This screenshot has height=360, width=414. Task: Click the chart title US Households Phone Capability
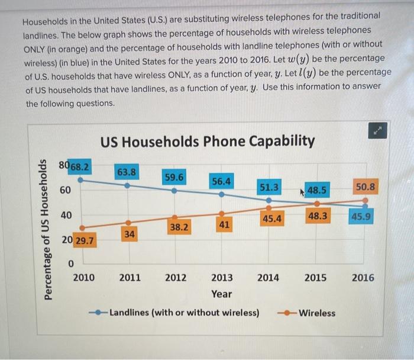(x=207, y=142)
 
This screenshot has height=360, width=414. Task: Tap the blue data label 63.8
(x=127, y=172)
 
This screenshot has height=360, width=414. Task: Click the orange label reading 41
(x=222, y=225)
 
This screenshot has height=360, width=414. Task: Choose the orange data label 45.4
(x=271, y=218)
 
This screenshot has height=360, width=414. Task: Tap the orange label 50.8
(x=364, y=187)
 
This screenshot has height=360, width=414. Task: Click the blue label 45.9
(x=361, y=216)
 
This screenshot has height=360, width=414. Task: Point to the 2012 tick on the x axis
(x=176, y=277)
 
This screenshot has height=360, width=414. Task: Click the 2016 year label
(x=363, y=277)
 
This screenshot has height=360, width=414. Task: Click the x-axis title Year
(x=222, y=294)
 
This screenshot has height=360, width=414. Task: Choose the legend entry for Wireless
(x=310, y=313)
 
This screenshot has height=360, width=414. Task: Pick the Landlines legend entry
(x=177, y=313)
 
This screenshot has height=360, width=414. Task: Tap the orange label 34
(x=130, y=234)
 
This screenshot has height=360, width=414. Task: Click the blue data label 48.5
(x=317, y=191)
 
